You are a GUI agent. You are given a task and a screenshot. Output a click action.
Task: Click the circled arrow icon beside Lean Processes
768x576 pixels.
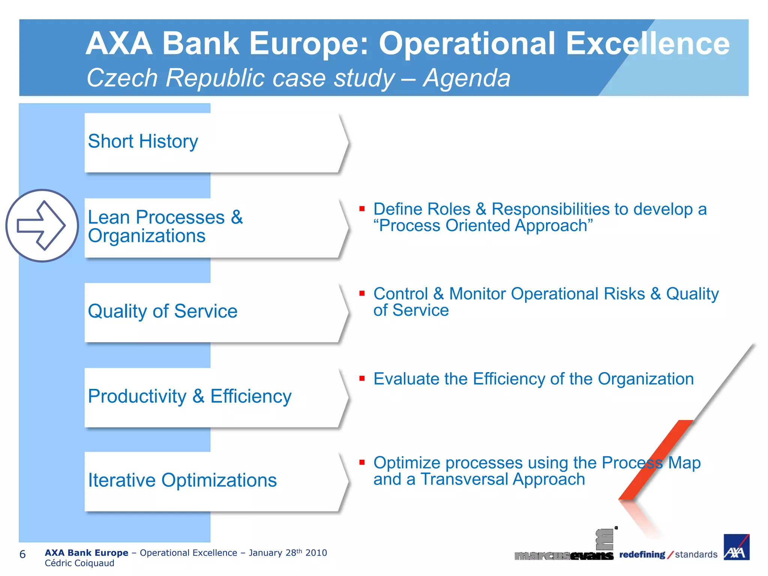click(42, 225)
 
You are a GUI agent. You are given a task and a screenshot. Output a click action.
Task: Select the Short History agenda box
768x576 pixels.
click(214, 142)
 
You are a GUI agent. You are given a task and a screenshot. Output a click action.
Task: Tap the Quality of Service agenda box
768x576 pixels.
click(214, 312)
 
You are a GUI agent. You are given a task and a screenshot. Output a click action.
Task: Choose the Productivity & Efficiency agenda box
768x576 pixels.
click(214, 397)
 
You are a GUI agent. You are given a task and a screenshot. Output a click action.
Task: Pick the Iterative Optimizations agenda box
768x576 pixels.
click(214, 481)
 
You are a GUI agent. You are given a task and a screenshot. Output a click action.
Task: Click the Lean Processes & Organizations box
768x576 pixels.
click(214, 227)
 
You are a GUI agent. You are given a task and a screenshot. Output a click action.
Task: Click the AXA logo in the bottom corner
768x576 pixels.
click(736, 547)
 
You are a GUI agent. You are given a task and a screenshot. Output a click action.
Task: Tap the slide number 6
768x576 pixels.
click(22, 554)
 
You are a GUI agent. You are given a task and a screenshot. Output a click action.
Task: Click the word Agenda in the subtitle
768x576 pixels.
click(466, 78)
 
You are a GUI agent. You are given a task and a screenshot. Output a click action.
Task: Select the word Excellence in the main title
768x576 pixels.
click(648, 43)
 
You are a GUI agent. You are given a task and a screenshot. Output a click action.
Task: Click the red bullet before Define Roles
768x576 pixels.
click(362, 209)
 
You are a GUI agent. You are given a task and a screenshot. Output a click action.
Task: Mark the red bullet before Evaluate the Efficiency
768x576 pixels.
click(362, 378)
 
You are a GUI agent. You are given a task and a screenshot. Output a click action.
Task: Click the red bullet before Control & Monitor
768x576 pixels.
click(362, 293)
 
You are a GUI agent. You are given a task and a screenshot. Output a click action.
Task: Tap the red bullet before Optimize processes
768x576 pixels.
click(362, 462)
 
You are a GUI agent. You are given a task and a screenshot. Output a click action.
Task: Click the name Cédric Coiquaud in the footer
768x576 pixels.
click(79, 563)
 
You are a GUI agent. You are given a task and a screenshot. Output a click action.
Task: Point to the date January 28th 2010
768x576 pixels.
click(288, 553)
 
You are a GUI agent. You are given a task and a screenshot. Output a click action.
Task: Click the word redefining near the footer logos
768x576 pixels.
click(642, 554)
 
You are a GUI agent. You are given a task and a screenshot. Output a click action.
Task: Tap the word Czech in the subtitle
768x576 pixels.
click(122, 78)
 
